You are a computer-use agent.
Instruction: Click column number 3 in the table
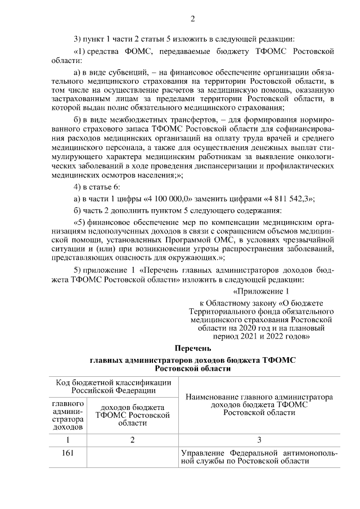(259, 440)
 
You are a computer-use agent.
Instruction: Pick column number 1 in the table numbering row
(67, 440)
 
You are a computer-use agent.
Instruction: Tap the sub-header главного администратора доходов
(67, 416)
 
